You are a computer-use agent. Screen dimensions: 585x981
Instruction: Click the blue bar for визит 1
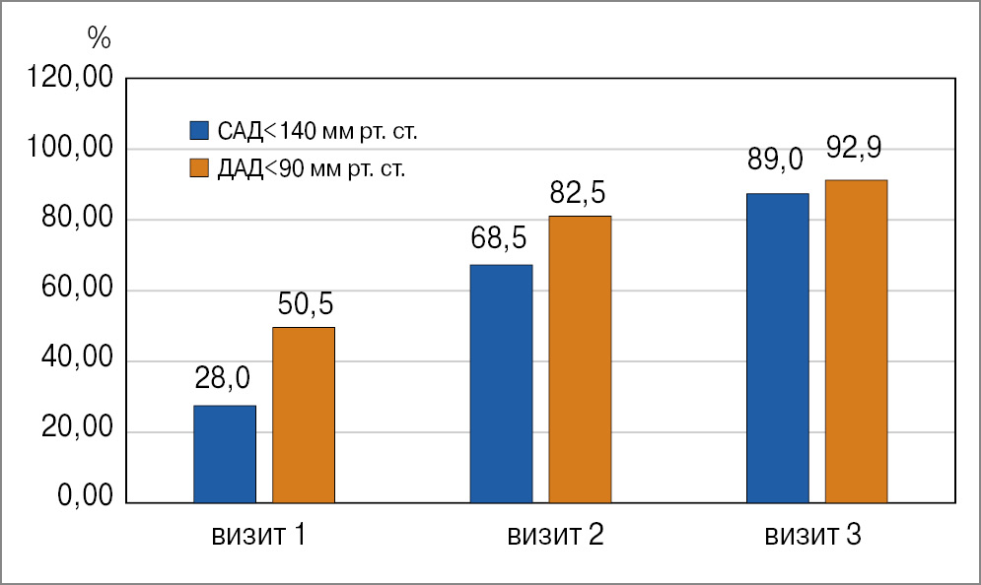[x=225, y=454]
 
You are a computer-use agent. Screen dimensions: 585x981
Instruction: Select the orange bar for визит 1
[x=304, y=415]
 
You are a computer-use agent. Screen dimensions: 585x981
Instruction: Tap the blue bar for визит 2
[x=501, y=383]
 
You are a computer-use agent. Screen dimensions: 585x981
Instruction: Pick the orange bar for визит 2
[x=580, y=359]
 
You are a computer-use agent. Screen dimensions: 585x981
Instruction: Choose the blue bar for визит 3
[x=777, y=348]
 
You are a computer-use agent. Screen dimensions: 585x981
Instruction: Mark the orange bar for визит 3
[x=856, y=342]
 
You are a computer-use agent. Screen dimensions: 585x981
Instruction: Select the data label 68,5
[x=499, y=238]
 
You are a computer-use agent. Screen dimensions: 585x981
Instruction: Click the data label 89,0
[x=776, y=159]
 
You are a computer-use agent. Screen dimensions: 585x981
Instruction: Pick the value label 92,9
[x=854, y=149]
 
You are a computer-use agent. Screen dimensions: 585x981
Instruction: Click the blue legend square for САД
[x=199, y=130]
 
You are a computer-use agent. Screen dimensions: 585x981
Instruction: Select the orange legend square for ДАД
[x=199, y=167]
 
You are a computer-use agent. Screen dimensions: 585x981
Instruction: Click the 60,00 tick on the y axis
[x=80, y=292]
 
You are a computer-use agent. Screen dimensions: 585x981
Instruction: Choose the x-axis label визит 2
[x=555, y=537]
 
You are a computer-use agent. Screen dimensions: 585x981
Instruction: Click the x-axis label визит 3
[x=813, y=537]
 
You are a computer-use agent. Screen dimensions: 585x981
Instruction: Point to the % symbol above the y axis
[x=99, y=38]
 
